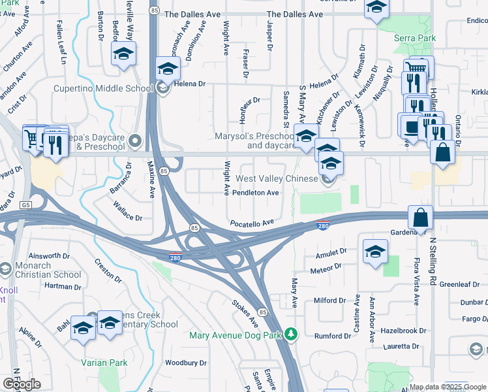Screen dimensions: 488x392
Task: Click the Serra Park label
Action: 414,39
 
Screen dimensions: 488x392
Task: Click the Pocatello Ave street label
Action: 252,223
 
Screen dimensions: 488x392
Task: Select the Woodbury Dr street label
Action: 185,363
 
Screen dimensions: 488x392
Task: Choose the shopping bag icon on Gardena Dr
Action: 421,218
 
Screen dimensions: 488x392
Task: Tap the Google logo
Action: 22,384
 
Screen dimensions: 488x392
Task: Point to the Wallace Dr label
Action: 128,214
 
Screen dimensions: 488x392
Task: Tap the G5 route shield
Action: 25,205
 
